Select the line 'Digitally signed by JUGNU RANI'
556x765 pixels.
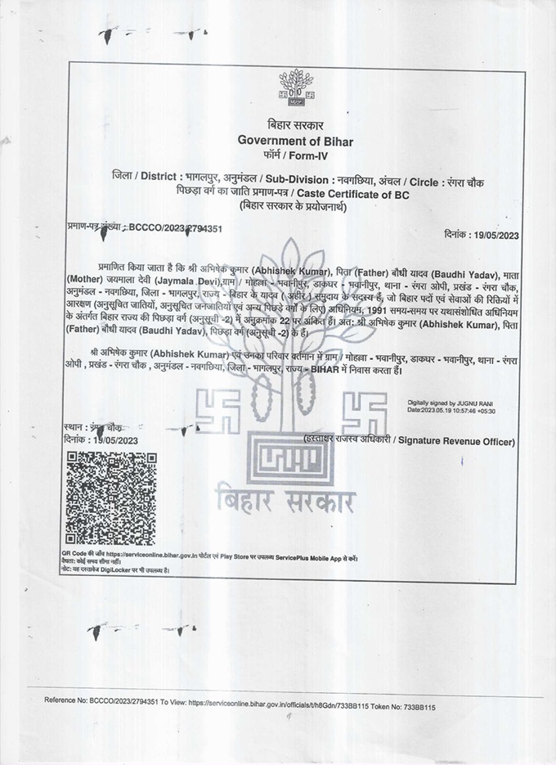(x=451, y=403)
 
